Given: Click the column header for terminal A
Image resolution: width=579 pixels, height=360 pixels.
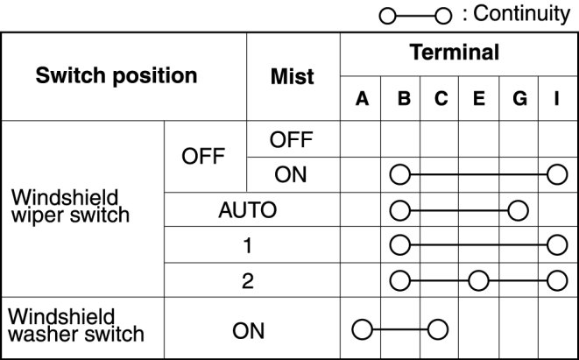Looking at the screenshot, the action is click(x=361, y=101).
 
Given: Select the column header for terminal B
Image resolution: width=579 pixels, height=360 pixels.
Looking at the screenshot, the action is click(x=401, y=101).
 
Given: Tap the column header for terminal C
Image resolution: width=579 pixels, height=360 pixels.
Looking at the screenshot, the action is click(x=440, y=101).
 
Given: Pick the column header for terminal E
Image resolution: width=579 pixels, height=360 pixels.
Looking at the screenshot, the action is click(x=478, y=101).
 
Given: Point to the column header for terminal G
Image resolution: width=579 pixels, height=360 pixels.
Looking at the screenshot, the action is click(x=519, y=101).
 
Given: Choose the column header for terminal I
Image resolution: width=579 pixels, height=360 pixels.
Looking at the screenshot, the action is click(x=556, y=101).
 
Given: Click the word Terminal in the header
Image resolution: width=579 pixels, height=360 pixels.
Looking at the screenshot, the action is click(x=455, y=53).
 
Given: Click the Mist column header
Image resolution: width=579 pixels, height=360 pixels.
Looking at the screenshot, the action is click(x=293, y=76).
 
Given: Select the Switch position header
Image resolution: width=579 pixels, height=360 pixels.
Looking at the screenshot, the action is click(x=117, y=76).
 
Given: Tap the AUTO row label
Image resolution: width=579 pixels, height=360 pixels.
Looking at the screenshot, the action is click(x=247, y=210).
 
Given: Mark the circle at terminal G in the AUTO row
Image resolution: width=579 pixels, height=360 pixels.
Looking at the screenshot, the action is click(x=519, y=210).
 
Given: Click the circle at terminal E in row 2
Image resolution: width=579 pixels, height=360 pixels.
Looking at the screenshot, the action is click(x=478, y=280).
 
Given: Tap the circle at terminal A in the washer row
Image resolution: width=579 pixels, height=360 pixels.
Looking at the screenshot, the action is click(x=361, y=330).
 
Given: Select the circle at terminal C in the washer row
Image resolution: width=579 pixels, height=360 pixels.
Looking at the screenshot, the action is click(x=439, y=330).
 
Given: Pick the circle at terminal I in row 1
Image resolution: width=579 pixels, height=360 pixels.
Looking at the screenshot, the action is click(x=556, y=245).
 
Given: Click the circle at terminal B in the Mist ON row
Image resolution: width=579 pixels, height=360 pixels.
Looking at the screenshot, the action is click(x=400, y=174).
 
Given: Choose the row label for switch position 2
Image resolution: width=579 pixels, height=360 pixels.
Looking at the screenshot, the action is click(x=247, y=280).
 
